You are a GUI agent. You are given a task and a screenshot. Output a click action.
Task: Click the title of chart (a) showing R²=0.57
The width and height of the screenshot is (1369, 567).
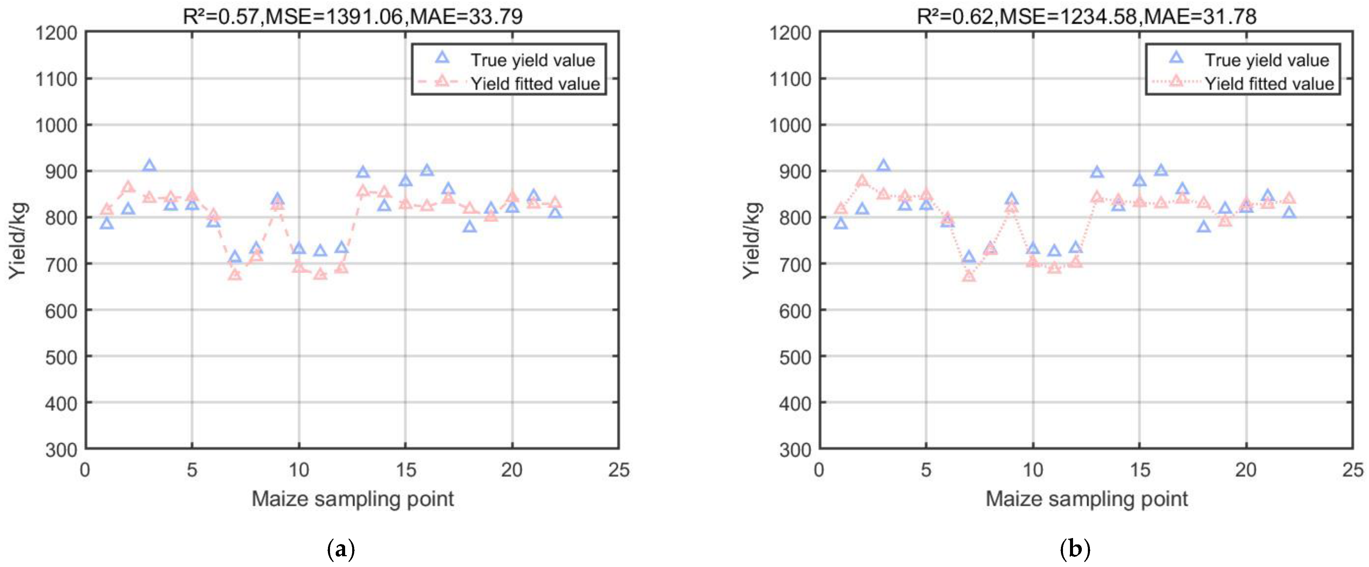(x=352, y=17)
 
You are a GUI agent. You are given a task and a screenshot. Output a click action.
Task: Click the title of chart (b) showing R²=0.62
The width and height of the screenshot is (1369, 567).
(x=1087, y=17)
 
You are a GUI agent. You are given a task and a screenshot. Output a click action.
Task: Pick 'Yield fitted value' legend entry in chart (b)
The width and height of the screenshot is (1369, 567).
(x=1269, y=84)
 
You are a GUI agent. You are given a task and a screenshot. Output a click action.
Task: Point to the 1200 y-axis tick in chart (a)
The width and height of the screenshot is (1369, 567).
(x=56, y=33)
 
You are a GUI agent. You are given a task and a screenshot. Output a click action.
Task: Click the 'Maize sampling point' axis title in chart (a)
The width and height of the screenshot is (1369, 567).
(x=352, y=499)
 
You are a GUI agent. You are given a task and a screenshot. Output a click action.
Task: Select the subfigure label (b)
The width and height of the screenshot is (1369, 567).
(x=1075, y=548)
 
